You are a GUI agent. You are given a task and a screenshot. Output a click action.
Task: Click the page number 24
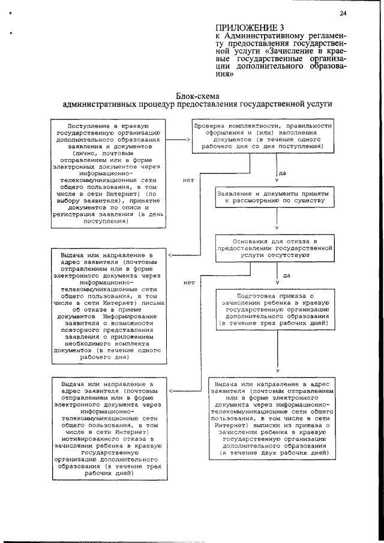342,13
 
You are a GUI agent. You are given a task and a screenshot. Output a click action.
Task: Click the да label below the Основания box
286,275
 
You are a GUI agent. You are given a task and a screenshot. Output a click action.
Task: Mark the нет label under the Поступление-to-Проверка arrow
186,179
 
